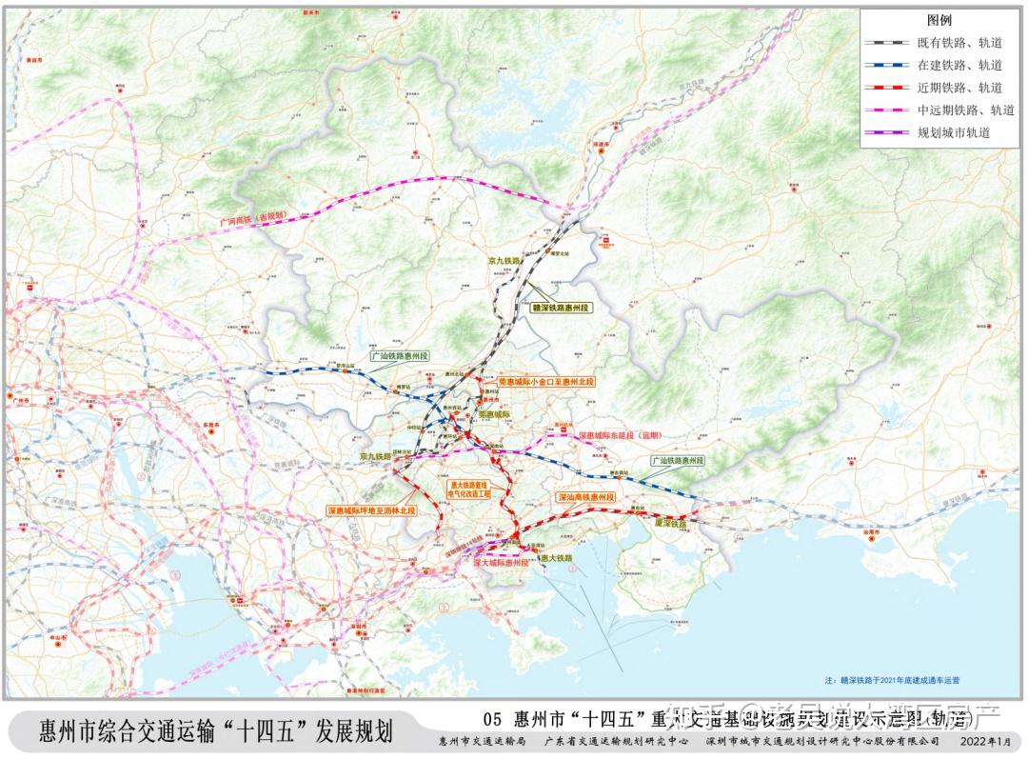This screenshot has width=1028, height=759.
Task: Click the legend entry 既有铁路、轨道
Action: click(959, 43)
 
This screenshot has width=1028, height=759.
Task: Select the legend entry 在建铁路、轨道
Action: click(959, 66)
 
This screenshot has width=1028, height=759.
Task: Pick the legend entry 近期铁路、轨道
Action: click(959, 88)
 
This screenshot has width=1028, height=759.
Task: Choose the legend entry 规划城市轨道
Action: click(954, 132)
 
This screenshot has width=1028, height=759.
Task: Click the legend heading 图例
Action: click(939, 20)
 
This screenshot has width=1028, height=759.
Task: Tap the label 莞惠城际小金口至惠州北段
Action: click(545, 381)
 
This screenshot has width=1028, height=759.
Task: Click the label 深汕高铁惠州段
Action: click(585, 497)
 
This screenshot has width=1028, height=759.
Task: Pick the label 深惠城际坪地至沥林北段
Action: click(372, 510)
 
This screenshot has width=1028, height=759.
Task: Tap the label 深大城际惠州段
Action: click(501, 563)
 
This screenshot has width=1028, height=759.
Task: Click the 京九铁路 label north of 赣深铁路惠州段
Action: click(508, 260)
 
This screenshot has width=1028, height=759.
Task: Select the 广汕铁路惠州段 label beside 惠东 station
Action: click(678, 460)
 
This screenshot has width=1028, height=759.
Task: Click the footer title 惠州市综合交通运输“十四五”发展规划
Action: click(215, 731)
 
